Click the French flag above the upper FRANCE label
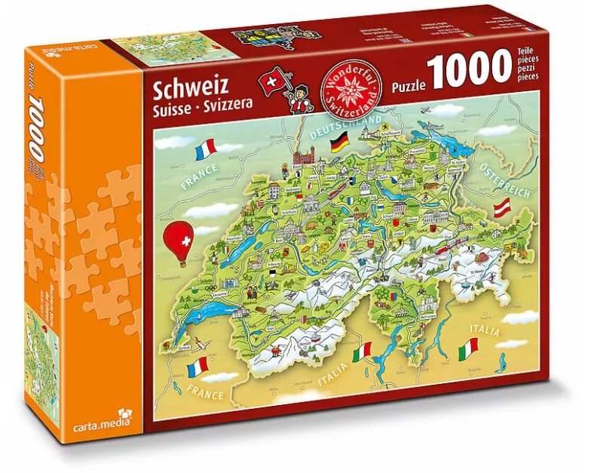point(205,148)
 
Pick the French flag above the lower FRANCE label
point(197,367)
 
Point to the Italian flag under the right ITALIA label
point(469,347)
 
